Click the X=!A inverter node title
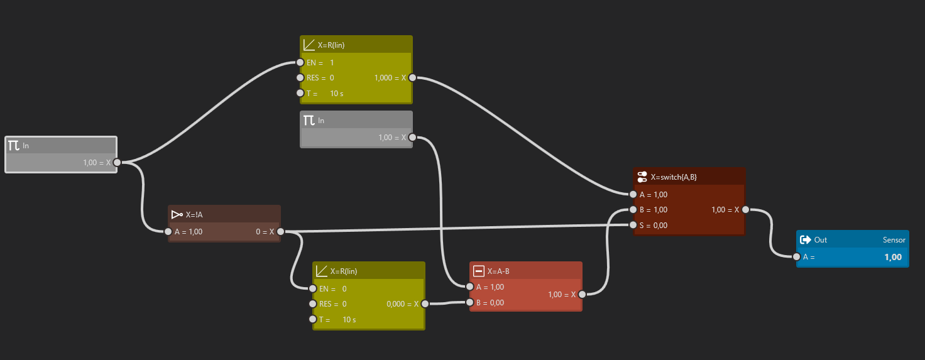pos(194,215)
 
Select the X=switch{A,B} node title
pos(674,177)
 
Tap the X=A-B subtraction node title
pos(498,271)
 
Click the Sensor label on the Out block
pos(894,240)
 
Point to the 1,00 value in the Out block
pos(893,257)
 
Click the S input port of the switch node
pos(633,225)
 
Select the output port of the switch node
pos(745,210)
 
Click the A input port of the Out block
pos(797,257)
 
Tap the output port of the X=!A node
pos(280,232)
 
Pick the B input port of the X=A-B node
pos(469,303)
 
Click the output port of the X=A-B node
pos(582,295)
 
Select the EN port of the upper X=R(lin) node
pos(300,63)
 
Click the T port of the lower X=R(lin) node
pos(312,319)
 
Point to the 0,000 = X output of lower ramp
pos(402,304)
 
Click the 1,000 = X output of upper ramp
pos(390,78)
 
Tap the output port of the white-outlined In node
pos(117,163)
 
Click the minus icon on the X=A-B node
pos(479,271)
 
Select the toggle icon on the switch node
pos(642,177)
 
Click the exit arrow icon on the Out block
pos(805,240)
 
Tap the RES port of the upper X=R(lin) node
pos(300,78)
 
